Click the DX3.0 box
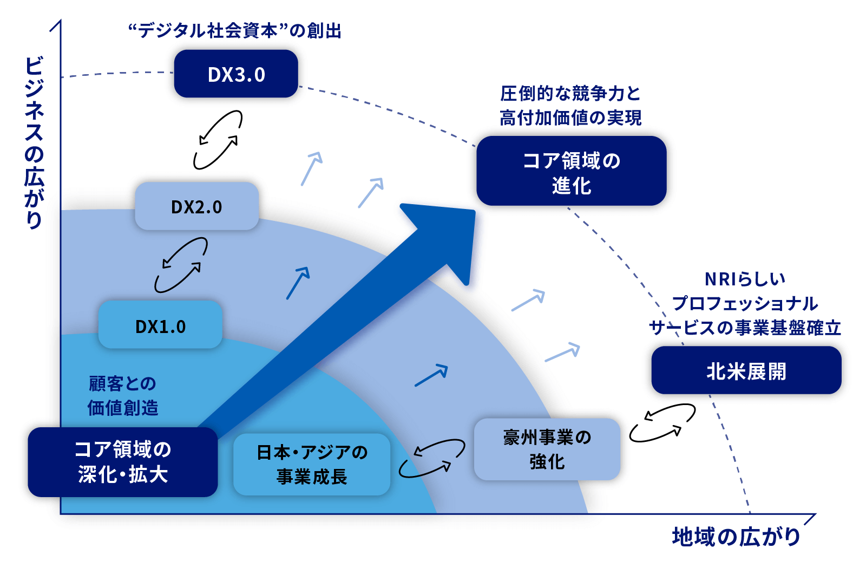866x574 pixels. [x=236, y=74]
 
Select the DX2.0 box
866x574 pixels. [x=196, y=206]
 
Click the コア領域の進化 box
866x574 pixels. [x=571, y=171]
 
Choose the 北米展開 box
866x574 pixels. [x=746, y=370]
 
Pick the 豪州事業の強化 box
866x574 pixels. [x=547, y=449]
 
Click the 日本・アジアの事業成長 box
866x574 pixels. [x=312, y=464]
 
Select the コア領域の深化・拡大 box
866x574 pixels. [x=123, y=462]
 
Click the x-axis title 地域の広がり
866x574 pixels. [x=736, y=537]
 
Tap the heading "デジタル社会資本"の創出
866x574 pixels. [x=234, y=31]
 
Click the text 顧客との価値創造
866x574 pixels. [x=123, y=395]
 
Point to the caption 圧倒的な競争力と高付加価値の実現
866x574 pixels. [x=570, y=106]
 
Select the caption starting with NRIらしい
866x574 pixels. [x=745, y=303]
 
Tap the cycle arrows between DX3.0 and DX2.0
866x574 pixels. [x=218, y=140]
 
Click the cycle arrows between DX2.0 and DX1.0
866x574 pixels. [x=181, y=265]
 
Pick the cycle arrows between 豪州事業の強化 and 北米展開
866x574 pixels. [x=662, y=422]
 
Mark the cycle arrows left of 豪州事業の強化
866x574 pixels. [x=432, y=458]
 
